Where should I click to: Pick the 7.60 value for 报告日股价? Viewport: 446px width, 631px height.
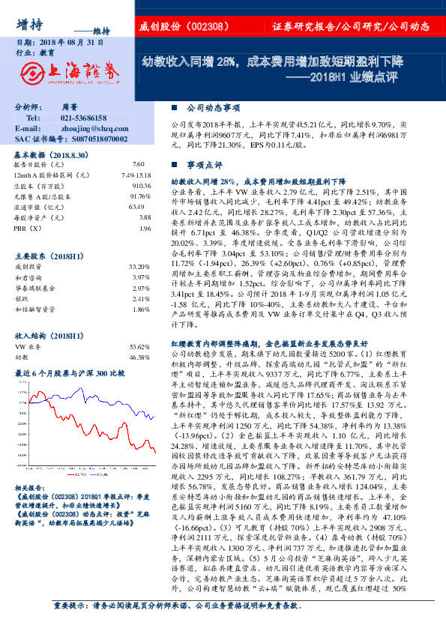coord(137,163)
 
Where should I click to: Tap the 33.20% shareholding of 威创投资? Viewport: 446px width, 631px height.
coord(139,267)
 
